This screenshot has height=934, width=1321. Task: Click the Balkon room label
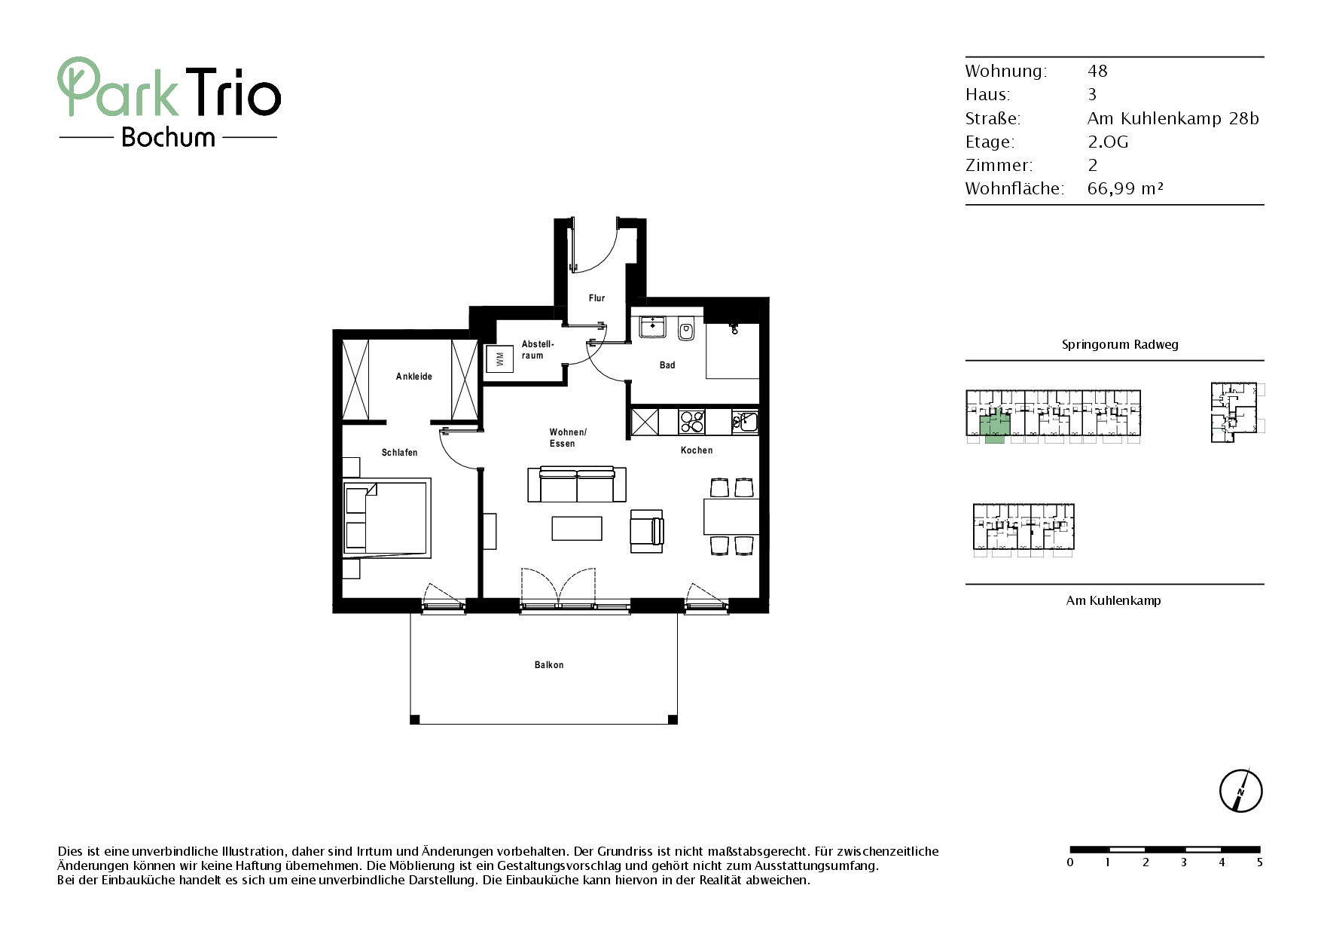point(549,665)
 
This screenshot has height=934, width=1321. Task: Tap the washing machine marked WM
point(499,359)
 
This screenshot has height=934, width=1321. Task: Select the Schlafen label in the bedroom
point(399,453)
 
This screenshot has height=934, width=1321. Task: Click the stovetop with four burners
point(691,422)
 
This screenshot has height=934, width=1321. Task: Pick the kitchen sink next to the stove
point(745,422)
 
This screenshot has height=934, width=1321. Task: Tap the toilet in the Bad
point(686,329)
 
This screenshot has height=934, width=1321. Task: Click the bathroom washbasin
point(653,327)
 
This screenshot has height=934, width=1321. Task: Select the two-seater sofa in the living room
point(577,484)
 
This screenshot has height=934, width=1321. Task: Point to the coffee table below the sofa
point(577,528)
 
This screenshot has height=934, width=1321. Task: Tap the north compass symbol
point(1240,791)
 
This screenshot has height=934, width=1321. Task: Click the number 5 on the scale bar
point(1259,862)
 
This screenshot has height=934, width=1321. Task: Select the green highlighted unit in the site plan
point(994,426)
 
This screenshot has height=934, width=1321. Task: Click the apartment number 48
point(1097,71)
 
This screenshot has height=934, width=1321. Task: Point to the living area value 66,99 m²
point(1125,188)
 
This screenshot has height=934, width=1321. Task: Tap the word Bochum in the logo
point(168,137)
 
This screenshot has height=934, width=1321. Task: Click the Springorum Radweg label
point(1120,345)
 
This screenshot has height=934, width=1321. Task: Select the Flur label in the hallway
point(596,298)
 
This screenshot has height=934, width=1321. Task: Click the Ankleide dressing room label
point(414,377)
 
